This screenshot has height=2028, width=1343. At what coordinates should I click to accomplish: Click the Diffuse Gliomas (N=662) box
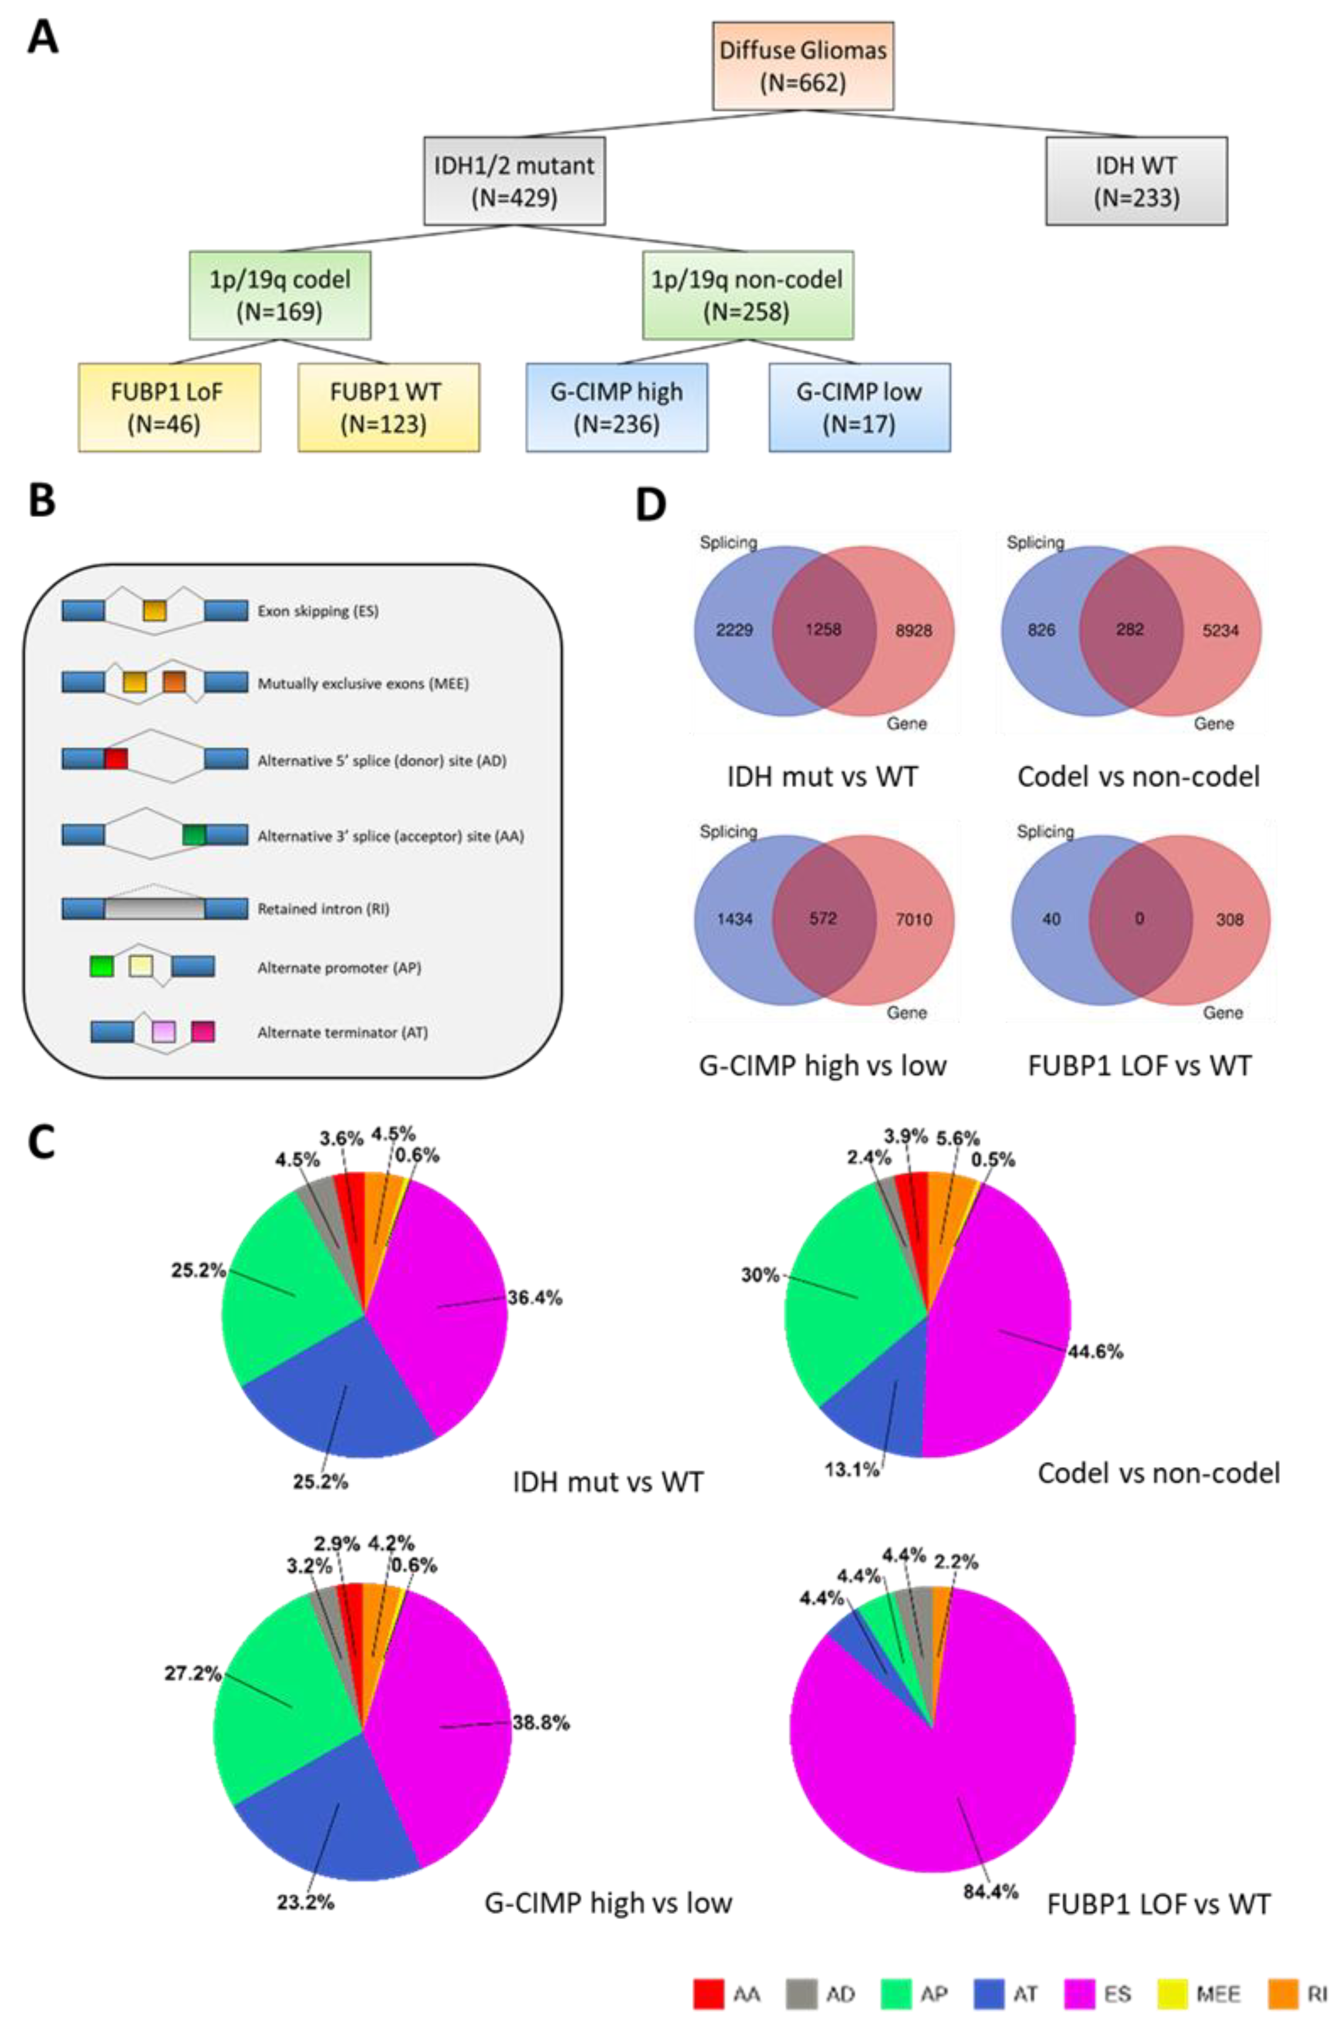(802, 66)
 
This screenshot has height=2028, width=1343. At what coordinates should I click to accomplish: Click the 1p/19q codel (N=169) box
(280, 295)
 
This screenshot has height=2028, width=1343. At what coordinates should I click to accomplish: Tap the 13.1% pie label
(851, 1470)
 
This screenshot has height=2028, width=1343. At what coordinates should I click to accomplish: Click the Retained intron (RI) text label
(323, 909)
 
